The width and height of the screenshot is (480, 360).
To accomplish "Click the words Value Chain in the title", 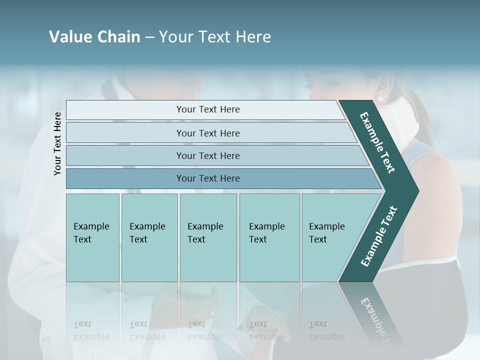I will (x=94, y=37).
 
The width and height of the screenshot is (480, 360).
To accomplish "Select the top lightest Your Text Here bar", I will (x=207, y=109).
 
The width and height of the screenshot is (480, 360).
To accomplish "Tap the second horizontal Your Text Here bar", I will (x=207, y=133).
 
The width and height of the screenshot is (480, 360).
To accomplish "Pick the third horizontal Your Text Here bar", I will (x=207, y=155).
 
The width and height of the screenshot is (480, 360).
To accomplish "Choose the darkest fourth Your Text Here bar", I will (x=207, y=178).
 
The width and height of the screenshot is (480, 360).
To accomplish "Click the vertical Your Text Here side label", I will (x=57, y=143).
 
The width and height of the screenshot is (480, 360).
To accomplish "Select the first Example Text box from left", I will (x=92, y=237).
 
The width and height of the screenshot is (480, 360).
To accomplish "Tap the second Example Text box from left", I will (x=149, y=237).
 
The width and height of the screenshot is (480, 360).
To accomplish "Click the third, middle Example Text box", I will (x=208, y=237).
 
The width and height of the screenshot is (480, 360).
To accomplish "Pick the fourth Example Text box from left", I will (x=269, y=237).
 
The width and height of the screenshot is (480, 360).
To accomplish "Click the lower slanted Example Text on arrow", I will (x=379, y=236).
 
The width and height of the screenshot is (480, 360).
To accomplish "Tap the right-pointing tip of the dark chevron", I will (x=416, y=191).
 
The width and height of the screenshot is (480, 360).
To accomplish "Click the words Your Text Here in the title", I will (x=215, y=37).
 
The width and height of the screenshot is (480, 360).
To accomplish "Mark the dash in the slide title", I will (x=149, y=37).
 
